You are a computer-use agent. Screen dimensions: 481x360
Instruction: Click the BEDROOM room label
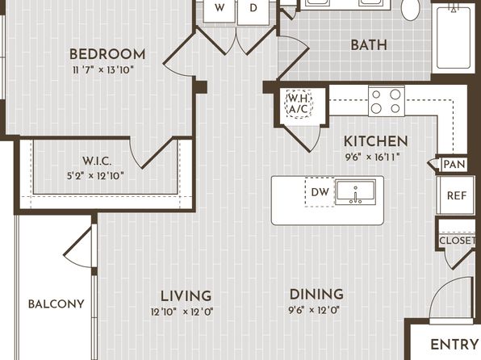(107, 54)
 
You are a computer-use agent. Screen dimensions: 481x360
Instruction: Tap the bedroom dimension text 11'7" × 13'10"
(103, 70)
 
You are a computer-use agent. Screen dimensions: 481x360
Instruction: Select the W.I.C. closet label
(97, 161)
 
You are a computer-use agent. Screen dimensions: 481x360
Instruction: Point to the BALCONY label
(56, 304)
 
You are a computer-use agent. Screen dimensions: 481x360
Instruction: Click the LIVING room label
(186, 296)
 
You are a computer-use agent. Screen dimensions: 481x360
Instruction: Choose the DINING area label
(316, 295)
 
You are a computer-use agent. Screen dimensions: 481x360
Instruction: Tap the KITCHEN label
(376, 141)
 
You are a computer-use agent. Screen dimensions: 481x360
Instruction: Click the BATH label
(369, 45)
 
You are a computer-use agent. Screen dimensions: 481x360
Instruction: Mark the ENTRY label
(454, 345)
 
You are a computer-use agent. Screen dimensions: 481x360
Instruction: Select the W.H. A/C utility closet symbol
(299, 104)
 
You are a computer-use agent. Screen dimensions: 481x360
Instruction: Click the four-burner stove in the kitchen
(387, 100)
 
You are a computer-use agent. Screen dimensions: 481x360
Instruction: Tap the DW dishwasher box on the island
(320, 192)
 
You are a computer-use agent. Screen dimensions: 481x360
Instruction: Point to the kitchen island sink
(355, 192)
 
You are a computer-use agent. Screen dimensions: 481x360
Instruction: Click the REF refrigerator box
(455, 195)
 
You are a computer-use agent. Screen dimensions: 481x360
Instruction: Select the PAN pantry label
(454, 164)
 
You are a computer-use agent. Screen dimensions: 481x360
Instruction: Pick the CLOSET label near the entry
(457, 241)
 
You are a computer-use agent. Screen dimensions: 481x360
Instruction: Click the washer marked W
(220, 10)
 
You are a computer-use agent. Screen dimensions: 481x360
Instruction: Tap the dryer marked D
(253, 10)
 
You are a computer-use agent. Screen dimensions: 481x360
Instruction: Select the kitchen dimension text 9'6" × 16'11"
(372, 157)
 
